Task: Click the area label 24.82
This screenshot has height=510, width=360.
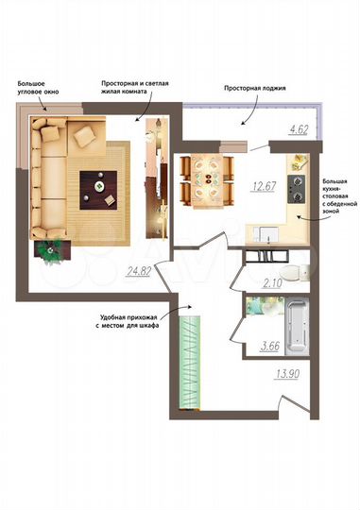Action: (138, 271)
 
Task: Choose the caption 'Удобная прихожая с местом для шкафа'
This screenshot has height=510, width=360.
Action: (129, 321)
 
